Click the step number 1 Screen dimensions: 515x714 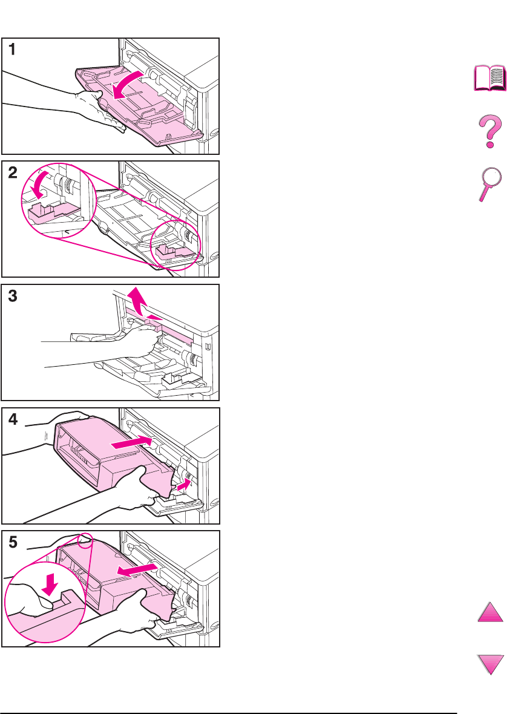[x=12, y=49]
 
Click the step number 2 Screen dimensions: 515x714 [x=13, y=172]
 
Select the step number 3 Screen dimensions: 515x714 [x=13, y=296]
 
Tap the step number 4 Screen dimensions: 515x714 [x=13, y=419]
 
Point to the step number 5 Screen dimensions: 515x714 [x=13, y=542]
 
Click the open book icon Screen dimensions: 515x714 [x=490, y=78]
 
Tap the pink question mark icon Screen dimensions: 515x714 [x=490, y=131]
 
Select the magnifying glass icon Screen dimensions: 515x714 [x=489, y=184]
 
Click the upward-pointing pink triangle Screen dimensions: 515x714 [x=490, y=612]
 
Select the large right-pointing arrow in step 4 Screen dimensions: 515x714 [x=131, y=442]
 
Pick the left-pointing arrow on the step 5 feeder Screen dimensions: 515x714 [x=137, y=569]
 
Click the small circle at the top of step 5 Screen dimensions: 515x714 [x=85, y=540]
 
